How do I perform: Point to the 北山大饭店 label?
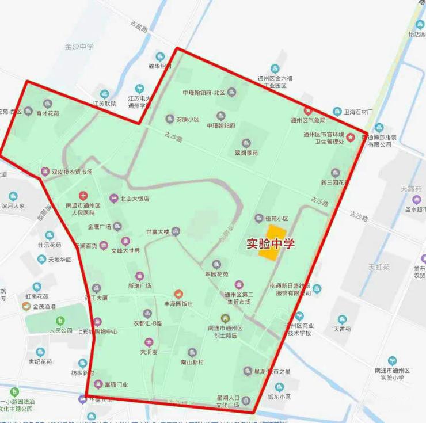(x=134, y=199)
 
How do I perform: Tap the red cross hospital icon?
(x=83, y=196)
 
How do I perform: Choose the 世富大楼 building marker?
(x=176, y=231)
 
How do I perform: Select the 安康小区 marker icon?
(x=170, y=119)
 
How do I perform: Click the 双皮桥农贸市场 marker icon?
(x=45, y=171)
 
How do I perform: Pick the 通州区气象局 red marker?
(x=308, y=111)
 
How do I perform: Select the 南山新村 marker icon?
(x=192, y=352)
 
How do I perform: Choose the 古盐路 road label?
(x=139, y=26)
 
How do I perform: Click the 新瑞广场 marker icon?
(x=139, y=276)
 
